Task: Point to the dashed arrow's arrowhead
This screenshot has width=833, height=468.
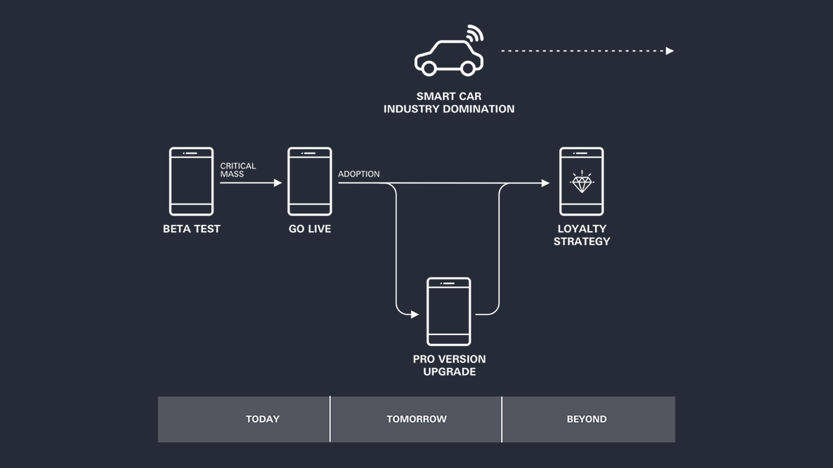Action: coord(670,51)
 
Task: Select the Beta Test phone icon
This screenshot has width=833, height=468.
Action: coord(192,181)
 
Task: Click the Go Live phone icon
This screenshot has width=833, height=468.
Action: coord(310,181)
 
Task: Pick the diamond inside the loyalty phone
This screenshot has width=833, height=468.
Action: coord(581,183)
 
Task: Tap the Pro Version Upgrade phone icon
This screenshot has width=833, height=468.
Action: coord(449,312)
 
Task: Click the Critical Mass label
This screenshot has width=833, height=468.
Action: coord(238,170)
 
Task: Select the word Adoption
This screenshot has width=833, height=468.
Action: coord(359,174)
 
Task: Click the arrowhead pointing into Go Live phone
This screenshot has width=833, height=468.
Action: coord(278,183)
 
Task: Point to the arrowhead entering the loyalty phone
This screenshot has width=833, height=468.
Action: coord(545,183)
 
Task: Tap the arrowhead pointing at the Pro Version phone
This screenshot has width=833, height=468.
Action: coord(415,314)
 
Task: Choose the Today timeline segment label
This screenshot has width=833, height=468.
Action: coord(263,419)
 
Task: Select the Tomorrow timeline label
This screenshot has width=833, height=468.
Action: coord(416,419)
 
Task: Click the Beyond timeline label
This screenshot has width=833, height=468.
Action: coord(586,419)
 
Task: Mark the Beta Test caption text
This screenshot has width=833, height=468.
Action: coord(192,229)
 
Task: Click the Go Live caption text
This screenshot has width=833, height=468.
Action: coord(310,229)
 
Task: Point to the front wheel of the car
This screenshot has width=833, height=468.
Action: coord(468,68)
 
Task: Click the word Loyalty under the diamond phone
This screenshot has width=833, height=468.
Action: coord(582,228)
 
